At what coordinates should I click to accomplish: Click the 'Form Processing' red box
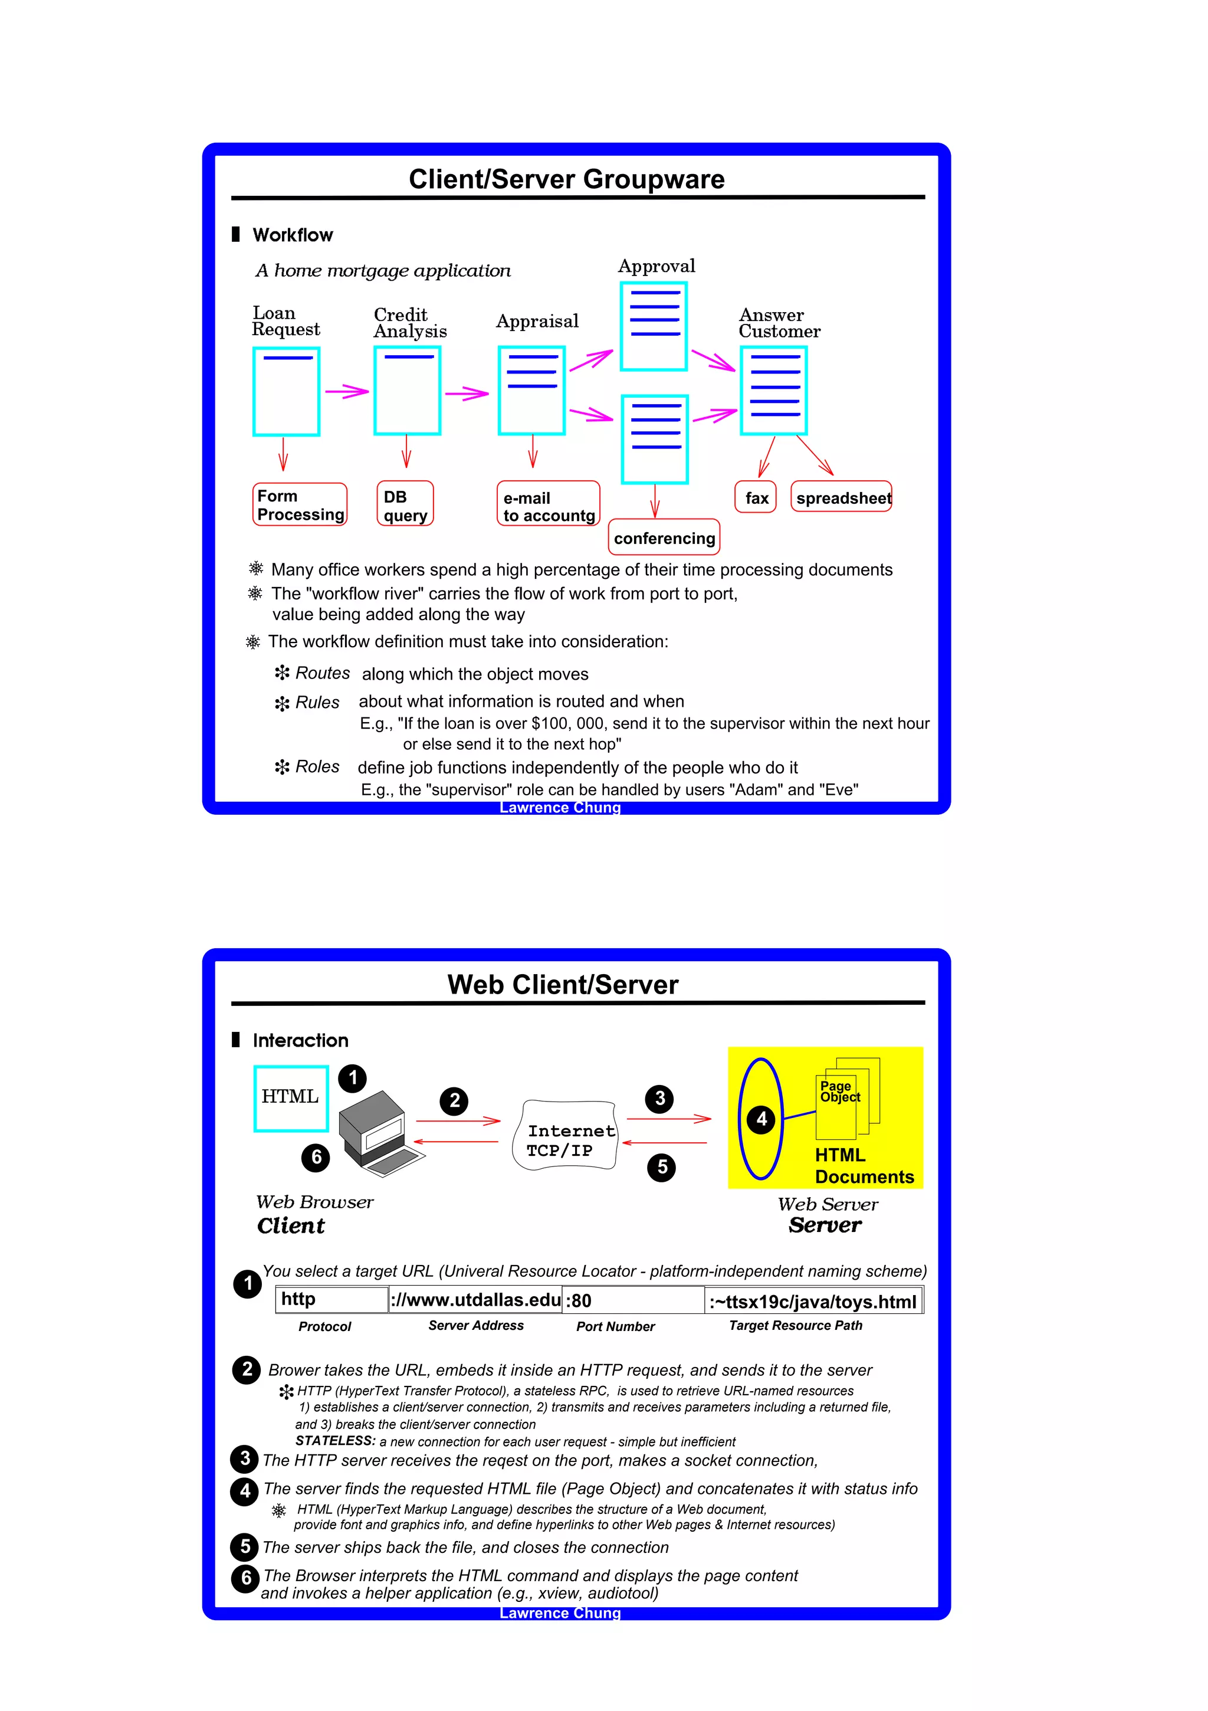[x=300, y=504]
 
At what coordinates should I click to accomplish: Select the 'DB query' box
[x=405, y=504]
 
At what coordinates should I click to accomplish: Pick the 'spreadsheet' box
[x=841, y=497]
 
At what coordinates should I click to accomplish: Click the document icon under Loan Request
[x=286, y=391]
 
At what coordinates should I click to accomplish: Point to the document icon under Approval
[x=654, y=326]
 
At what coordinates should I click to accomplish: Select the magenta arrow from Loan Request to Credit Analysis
[x=346, y=391]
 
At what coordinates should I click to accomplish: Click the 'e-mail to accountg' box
[x=548, y=504]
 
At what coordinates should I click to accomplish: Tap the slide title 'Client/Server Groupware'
[x=566, y=179]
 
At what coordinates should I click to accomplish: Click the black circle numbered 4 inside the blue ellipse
[x=761, y=1119]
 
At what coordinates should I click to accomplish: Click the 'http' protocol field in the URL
[x=331, y=1299]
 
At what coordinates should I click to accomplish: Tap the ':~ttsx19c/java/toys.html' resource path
[x=812, y=1301]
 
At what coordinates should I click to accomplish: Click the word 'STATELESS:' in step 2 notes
[x=336, y=1441]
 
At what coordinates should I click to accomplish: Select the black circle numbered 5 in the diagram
[x=661, y=1166]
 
